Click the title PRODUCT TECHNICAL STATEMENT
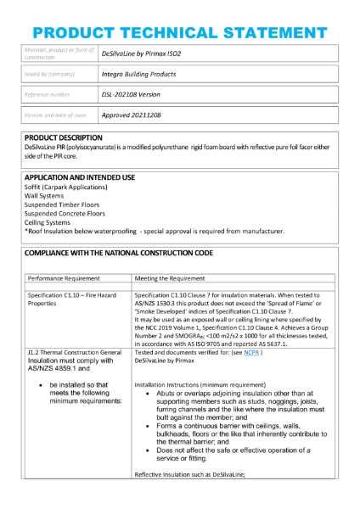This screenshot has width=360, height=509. (x=179, y=20)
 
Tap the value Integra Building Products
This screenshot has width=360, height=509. (x=138, y=74)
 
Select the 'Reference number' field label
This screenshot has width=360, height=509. (x=47, y=94)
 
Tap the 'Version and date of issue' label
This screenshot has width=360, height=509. (x=55, y=115)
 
